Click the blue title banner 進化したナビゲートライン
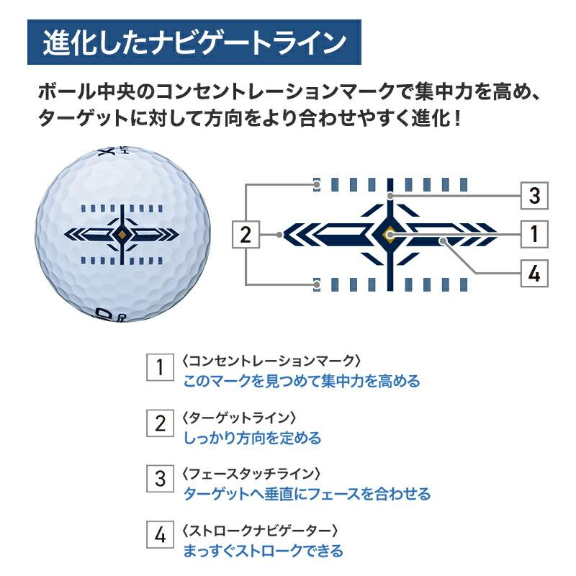(x=194, y=42)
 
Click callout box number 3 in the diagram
(x=534, y=195)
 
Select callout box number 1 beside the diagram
(x=534, y=235)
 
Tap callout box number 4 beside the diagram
(x=534, y=274)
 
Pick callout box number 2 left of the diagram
(x=246, y=235)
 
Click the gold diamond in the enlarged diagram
(x=390, y=235)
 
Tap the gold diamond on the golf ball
(x=122, y=235)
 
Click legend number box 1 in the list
(x=160, y=367)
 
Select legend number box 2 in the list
(x=160, y=423)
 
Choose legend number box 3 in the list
(x=160, y=479)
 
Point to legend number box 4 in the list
(x=160, y=534)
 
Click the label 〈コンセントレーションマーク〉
(x=271, y=361)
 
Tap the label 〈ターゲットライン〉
(x=239, y=418)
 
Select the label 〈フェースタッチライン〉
(x=251, y=474)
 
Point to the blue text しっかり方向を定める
(x=253, y=438)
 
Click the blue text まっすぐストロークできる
(x=263, y=551)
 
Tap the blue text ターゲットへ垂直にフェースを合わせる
(x=307, y=494)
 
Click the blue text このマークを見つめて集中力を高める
(x=302, y=381)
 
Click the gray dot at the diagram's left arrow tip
(x=279, y=235)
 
